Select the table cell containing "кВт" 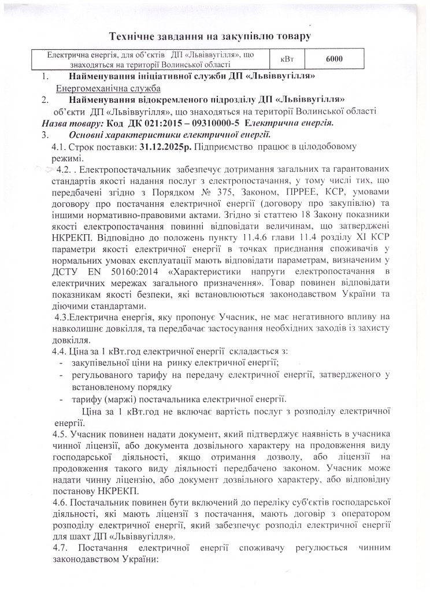287,59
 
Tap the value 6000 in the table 335,59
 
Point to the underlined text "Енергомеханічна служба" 108,88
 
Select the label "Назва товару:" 73,123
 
